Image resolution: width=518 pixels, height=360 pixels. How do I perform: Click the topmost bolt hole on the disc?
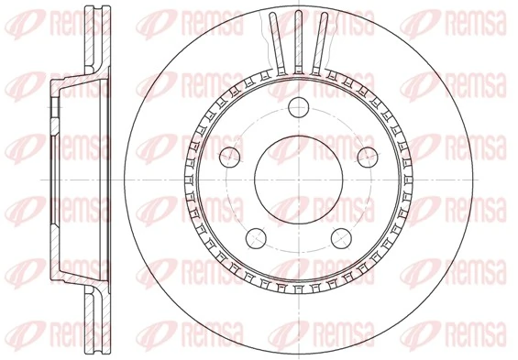point(298,108)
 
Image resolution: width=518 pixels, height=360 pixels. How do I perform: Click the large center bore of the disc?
point(298,179)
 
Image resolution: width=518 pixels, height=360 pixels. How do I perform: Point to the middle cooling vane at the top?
point(298,41)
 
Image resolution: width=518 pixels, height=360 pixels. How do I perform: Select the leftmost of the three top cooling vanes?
point(277,43)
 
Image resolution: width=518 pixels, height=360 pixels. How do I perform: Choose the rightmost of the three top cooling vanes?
point(319,43)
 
